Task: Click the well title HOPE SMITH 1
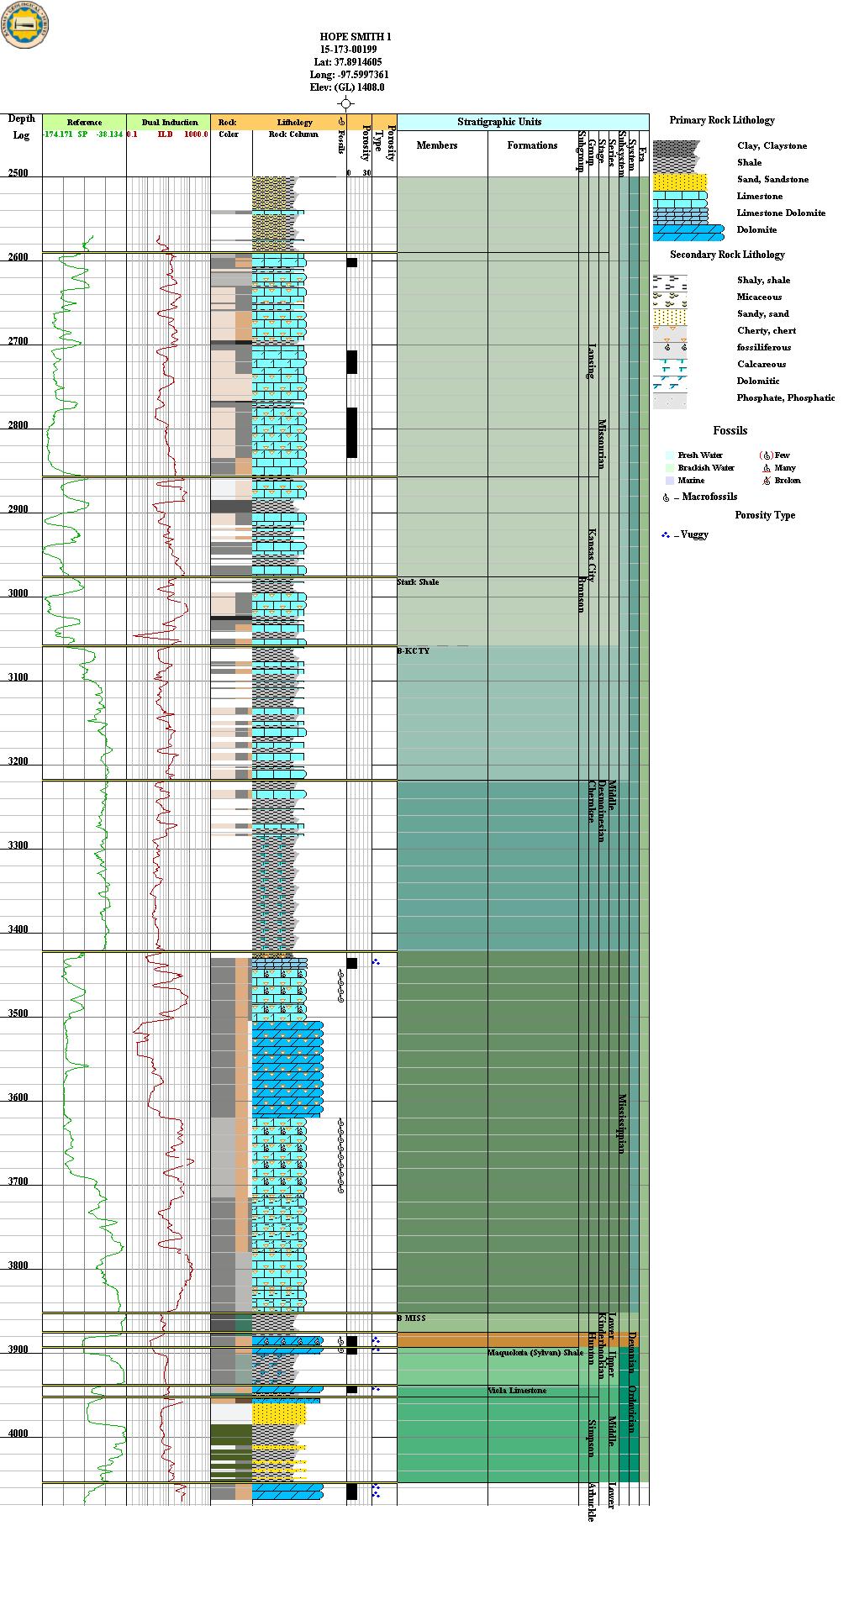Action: click(355, 37)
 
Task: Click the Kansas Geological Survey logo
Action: click(25, 24)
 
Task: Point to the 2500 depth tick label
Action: click(18, 173)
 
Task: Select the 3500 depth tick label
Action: click(18, 1013)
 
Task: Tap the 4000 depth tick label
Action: click(18, 1434)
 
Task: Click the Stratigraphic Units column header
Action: click(499, 122)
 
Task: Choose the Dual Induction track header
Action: click(169, 123)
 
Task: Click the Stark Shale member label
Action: click(418, 582)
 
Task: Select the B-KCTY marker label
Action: click(413, 651)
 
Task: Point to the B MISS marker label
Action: click(411, 1318)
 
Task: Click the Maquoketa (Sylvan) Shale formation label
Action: click(535, 1353)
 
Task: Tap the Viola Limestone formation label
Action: click(517, 1391)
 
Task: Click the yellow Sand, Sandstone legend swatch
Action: click(680, 182)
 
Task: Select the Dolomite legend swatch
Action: click(688, 232)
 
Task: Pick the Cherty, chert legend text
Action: click(766, 331)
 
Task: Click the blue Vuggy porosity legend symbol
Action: click(666, 534)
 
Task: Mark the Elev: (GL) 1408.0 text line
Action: click(346, 87)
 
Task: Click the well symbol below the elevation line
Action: click(345, 103)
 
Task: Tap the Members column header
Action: click(437, 145)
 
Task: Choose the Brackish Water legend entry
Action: click(705, 468)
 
